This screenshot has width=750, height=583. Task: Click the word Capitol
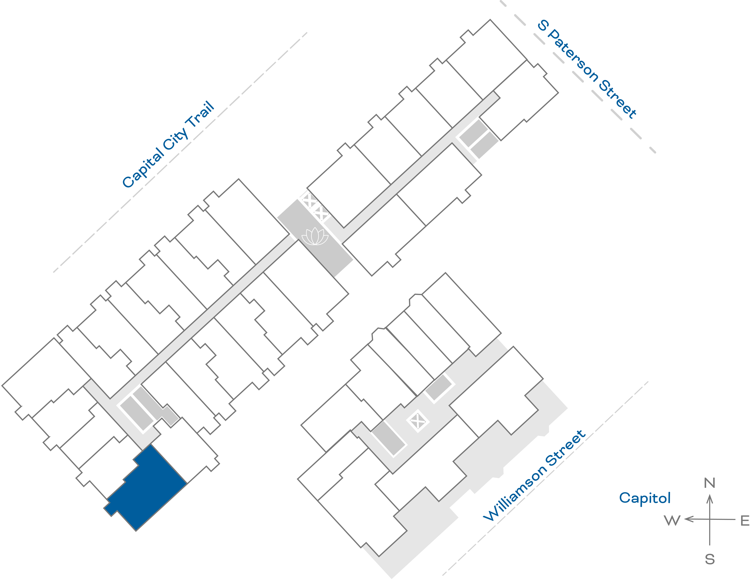pos(645,498)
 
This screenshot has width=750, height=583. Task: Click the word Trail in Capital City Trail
pos(200,116)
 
